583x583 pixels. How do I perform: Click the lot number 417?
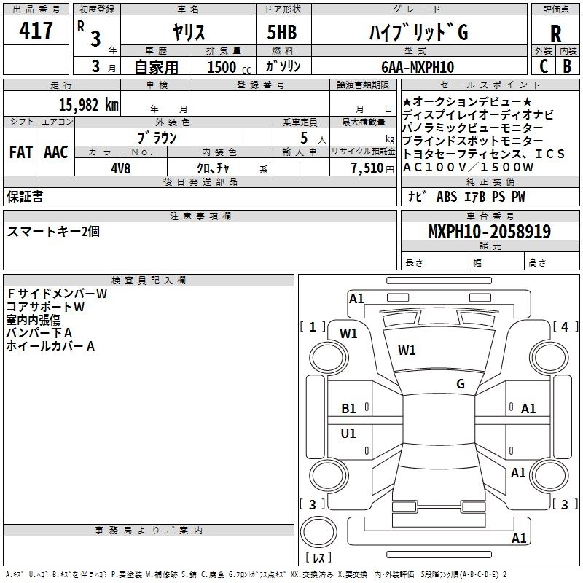36,31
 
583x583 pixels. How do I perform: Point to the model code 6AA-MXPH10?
418,67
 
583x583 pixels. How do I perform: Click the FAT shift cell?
20,152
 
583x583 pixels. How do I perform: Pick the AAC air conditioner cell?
55,152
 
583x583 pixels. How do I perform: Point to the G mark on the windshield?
461,384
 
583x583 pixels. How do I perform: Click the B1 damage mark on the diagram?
349,409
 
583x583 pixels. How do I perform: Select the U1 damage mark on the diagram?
349,434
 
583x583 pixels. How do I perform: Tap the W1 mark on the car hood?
407,351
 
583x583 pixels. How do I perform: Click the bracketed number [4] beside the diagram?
565,326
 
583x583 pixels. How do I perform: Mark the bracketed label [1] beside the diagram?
313,326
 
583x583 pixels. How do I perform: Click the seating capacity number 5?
302,138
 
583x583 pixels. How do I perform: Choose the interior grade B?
567,66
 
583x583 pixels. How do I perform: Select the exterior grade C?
543,66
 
